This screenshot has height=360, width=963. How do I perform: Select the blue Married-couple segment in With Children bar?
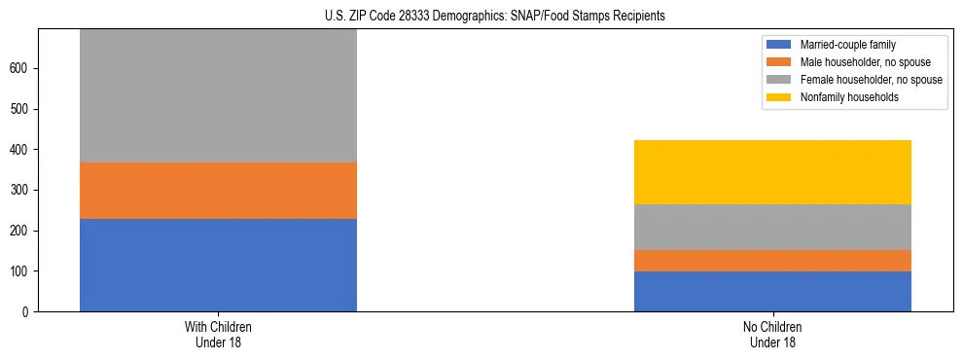click(x=218, y=265)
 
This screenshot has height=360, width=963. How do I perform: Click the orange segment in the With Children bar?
click(x=218, y=191)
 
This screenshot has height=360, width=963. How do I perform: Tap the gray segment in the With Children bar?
click(x=218, y=95)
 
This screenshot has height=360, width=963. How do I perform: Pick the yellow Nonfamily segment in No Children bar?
click(x=772, y=172)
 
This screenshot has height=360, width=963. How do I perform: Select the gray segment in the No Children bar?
click(x=772, y=227)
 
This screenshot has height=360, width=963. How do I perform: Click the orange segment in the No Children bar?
click(x=772, y=261)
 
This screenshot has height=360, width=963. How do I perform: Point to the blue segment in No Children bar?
click(x=772, y=291)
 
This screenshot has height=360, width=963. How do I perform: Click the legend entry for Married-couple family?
click(x=844, y=45)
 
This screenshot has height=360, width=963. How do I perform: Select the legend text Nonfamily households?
click(x=849, y=97)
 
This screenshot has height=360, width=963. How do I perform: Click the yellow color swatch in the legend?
click(x=780, y=97)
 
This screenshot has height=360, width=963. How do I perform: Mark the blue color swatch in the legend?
click(x=780, y=45)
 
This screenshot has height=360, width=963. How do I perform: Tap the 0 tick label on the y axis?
click(x=28, y=311)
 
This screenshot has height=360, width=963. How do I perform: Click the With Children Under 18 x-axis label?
click(x=218, y=335)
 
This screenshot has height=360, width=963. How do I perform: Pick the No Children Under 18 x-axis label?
click(x=772, y=335)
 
